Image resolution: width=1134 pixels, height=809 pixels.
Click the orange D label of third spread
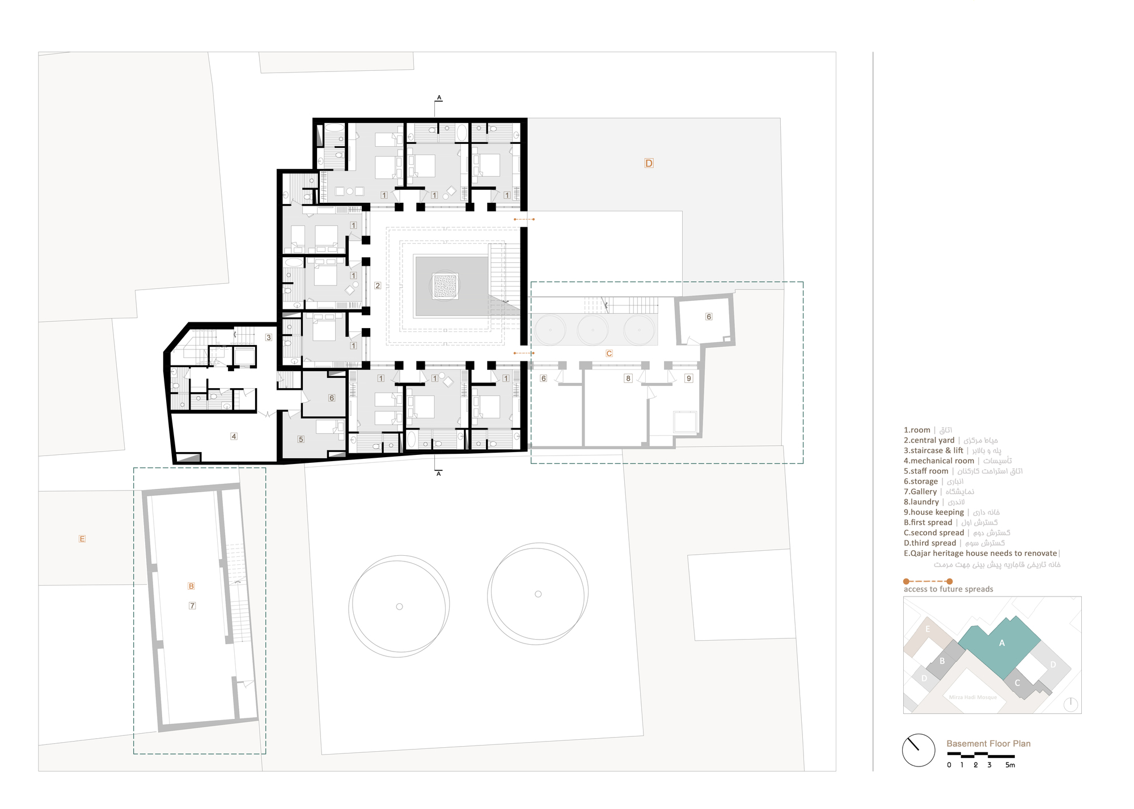[649, 163]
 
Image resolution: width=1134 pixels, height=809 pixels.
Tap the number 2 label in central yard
[378, 286]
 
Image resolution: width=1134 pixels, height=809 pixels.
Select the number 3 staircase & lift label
[269, 337]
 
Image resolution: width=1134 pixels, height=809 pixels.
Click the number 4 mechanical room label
[234, 436]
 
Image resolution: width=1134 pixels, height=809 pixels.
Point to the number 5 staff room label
[301, 439]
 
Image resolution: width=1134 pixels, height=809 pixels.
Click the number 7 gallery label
[192, 606]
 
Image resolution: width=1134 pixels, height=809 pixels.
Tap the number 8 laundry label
[628, 378]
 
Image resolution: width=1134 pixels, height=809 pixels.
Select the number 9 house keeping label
[688, 378]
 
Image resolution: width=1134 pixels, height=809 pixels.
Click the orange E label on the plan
[82, 539]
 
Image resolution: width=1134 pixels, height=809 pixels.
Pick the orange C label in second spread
[609, 354]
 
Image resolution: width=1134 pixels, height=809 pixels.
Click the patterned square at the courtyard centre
[445, 286]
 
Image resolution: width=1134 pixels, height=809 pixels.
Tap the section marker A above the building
[439, 98]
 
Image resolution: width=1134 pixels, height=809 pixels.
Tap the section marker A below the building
[438, 474]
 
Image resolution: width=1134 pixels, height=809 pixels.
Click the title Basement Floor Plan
[988, 743]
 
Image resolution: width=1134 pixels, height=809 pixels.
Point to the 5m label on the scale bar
[1010, 765]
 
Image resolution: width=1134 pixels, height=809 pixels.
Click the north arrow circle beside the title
[918, 750]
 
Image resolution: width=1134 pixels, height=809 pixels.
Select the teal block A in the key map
[1001, 643]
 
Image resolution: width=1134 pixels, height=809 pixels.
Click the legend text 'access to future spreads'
[948, 589]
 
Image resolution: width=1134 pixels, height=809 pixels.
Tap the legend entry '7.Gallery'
[920, 492]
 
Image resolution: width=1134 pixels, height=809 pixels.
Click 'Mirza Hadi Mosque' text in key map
[972, 697]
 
